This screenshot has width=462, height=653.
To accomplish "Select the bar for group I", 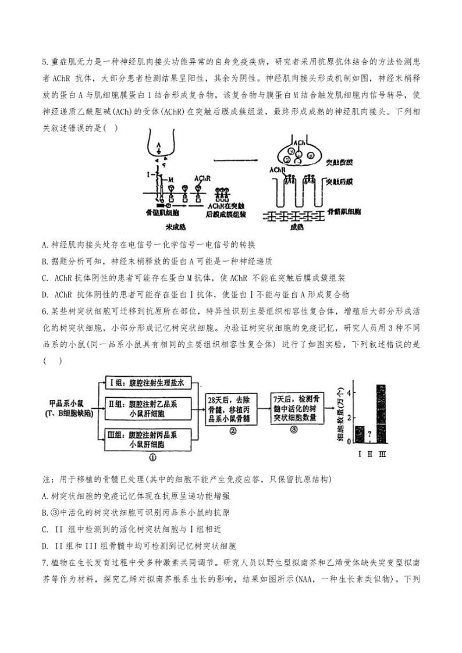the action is click(360, 434).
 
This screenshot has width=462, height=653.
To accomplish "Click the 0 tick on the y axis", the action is click(349, 442).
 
